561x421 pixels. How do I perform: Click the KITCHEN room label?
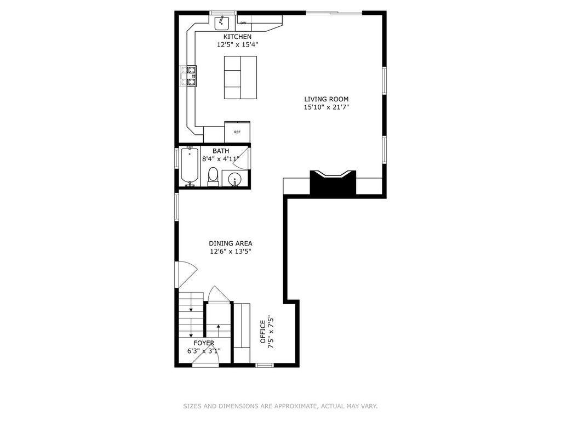(x=237, y=37)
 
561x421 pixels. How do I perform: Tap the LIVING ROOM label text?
(x=327, y=99)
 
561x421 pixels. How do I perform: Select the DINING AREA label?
(x=231, y=243)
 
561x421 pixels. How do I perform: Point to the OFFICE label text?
(x=263, y=332)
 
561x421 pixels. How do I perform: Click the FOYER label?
(x=204, y=343)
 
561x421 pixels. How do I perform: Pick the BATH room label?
(x=221, y=151)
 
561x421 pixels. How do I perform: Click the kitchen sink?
(x=222, y=23)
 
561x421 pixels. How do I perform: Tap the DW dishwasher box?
(x=243, y=23)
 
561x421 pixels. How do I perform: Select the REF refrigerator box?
(x=237, y=132)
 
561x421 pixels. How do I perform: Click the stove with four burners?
(x=188, y=76)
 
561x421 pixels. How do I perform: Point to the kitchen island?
(x=241, y=77)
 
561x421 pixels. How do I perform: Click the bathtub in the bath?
(x=189, y=166)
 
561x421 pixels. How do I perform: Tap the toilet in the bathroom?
(x=213, y=177)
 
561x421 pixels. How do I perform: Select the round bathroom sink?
(x=234, y=178)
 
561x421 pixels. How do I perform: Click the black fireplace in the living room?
(x=333, y=183)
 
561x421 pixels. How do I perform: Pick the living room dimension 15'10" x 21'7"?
(x=327, y=107)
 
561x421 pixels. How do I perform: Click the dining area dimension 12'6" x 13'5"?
(x=231, y=251)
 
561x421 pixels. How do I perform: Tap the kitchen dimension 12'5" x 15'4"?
(x=237, y=45)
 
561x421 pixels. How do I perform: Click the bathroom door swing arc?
(x=241, y=158)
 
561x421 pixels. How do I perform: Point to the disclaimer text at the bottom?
(x=280, y=406)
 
